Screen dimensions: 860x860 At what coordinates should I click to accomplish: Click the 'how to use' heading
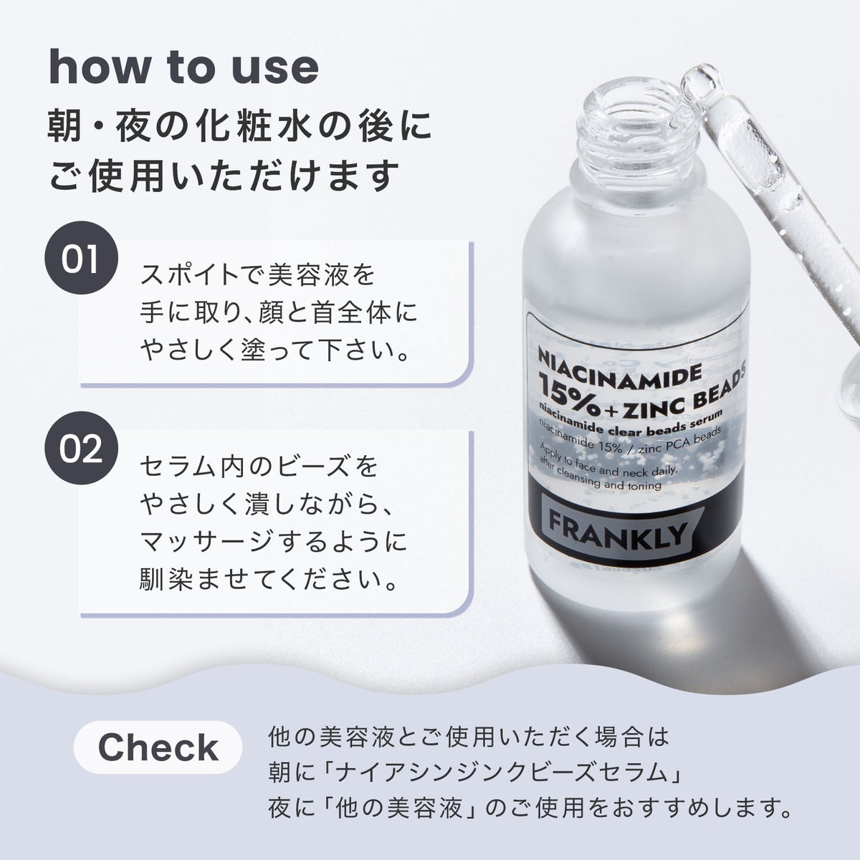(183, 67)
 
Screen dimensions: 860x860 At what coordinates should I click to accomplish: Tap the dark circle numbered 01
(81, 259)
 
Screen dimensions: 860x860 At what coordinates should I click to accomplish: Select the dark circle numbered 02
(81, 448)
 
